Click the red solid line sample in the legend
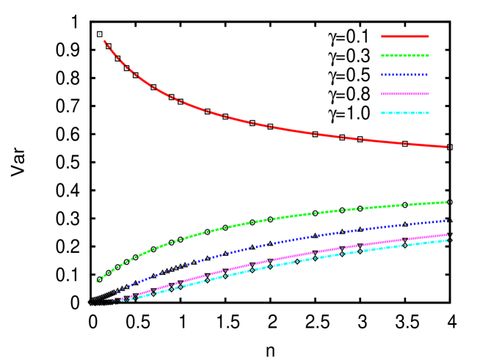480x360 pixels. [x=405, y=37]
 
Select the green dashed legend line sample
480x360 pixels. [x=405, y=56]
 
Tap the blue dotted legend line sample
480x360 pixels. [x=405, y=75]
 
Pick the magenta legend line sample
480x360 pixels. [x=405, y=94]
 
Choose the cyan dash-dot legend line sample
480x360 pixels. [x=405, y=113]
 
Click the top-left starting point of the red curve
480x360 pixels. [x=104, y=41]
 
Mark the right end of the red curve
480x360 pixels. [x=447, y=147]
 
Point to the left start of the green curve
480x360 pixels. [x=97, y=281]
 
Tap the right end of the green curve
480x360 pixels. [x=447, y=202]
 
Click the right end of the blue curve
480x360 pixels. [x=447, y=220]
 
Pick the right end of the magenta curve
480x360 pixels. [x=447, y=235]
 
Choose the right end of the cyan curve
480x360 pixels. [x=447, y=240]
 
